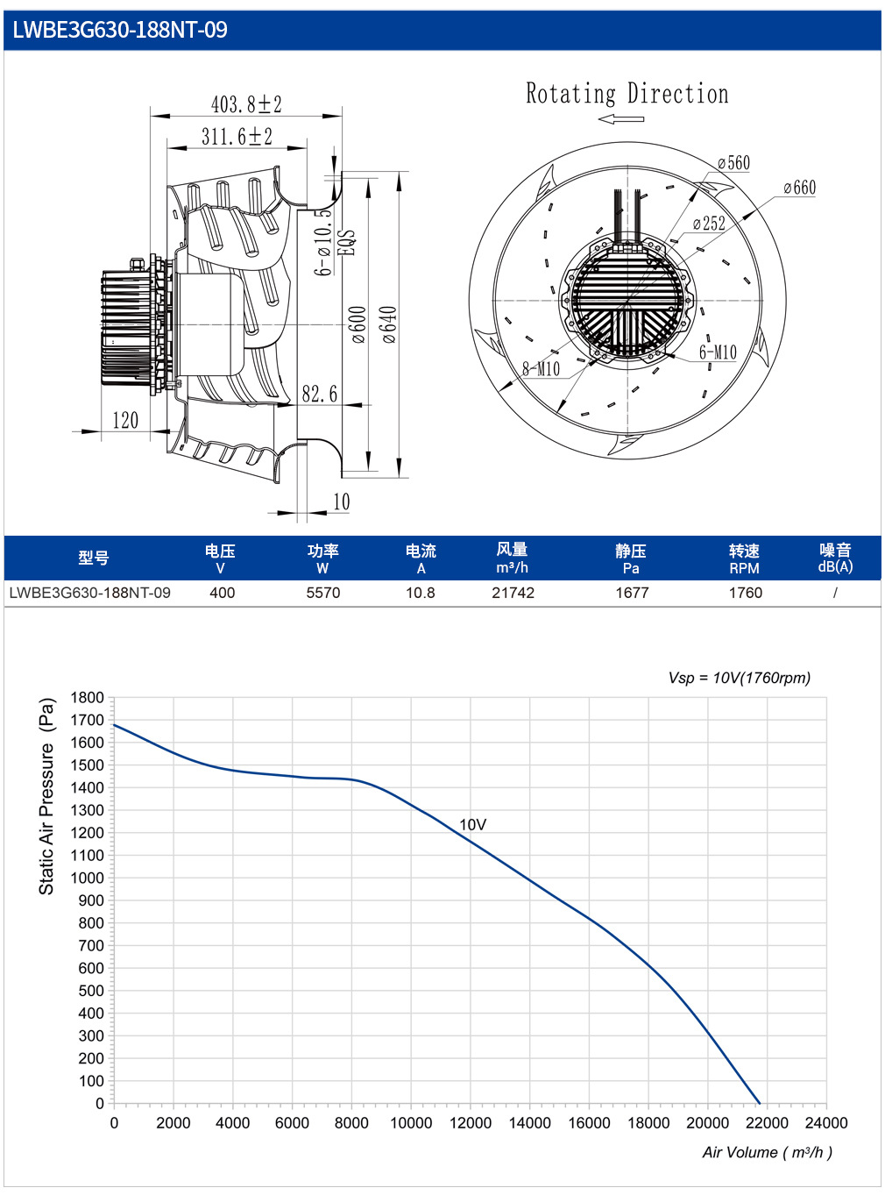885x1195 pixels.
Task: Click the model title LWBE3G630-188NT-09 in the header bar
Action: pos(119,30)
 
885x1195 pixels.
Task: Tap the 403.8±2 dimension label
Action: pos(246,104)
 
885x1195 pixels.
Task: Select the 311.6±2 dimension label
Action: pos(237,136)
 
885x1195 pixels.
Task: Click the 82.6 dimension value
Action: pos(320,394)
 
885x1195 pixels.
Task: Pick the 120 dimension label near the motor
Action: pos(125,420)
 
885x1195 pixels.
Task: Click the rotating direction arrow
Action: pos(620,119)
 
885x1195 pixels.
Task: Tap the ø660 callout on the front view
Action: pos(799,188)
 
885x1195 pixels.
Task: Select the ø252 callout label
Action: pos(709,223)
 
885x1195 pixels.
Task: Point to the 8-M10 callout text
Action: pos(541,368)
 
